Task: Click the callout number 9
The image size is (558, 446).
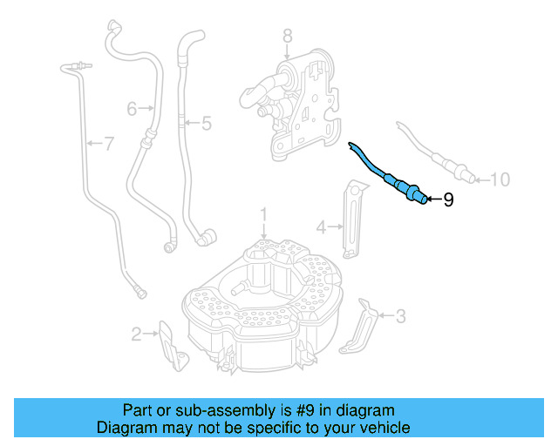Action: (x=448, y=200)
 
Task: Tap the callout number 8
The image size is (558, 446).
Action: (x=288, y=36)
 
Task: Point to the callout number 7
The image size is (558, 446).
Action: (x=108, y=144)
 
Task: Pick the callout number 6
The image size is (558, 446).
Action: (x=132, y=109)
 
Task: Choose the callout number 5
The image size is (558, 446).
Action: (x=206, y=124)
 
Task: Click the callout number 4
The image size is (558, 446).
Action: (x=321, y=227)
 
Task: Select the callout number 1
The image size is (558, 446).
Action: (x=264, y=213)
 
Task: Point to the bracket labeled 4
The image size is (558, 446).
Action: (x=352, y=218)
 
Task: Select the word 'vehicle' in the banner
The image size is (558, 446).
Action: (x=383, y=428)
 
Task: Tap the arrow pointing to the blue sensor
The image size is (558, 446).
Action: (x=435, y=200)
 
